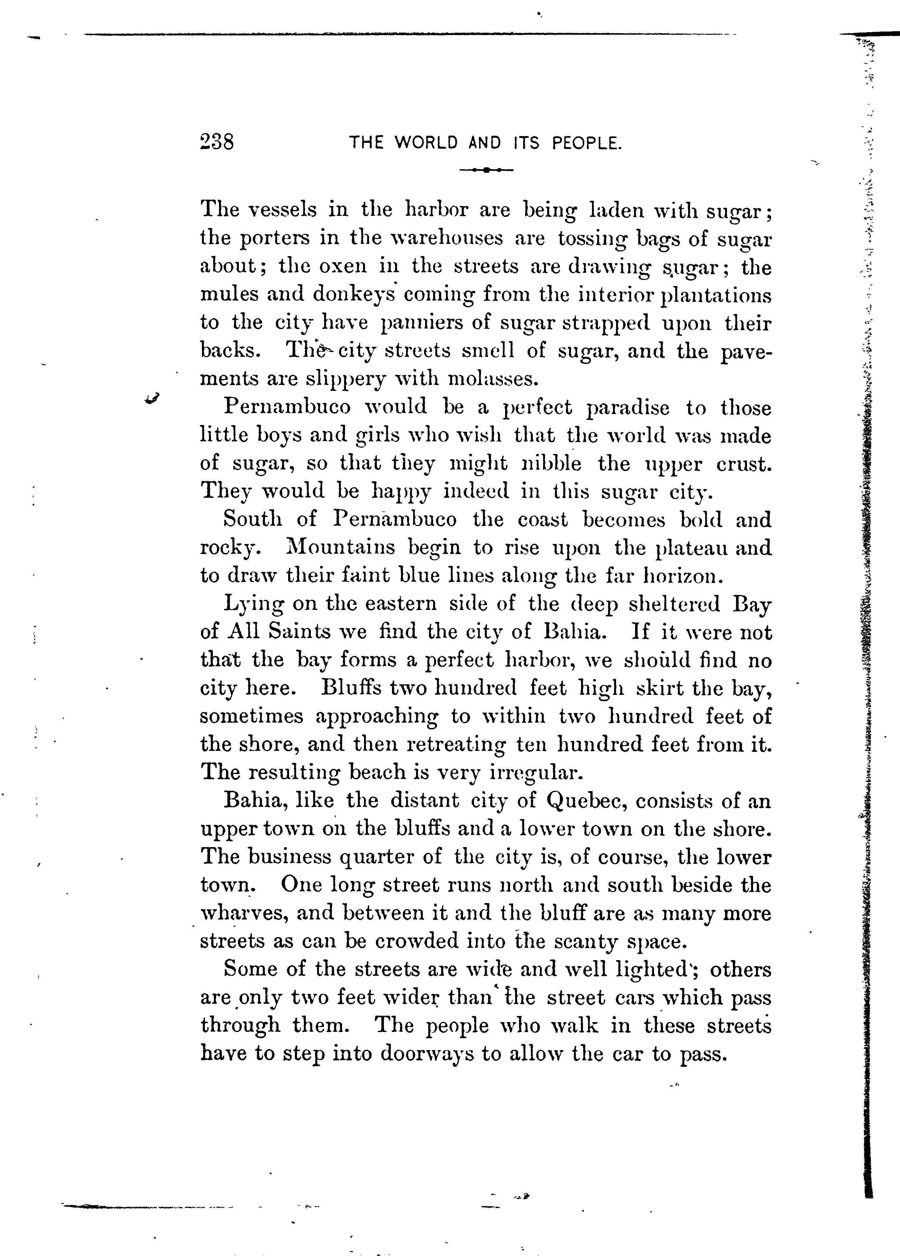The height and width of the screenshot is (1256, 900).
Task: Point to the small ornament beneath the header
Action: (x=486, y=170)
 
